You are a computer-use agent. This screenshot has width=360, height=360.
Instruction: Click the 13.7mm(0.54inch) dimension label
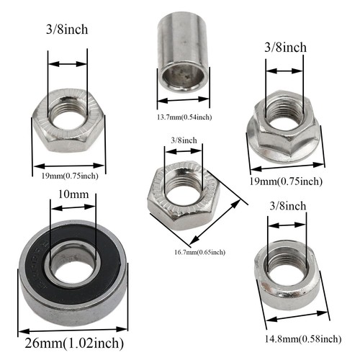pyautogui.click(x=183, y=117)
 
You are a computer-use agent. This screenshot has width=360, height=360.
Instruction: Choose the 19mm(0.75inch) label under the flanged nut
pyautogui.click(x=287, y=181)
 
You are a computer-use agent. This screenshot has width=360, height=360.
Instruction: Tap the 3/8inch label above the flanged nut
pyautogui.click(x=285, y=48)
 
